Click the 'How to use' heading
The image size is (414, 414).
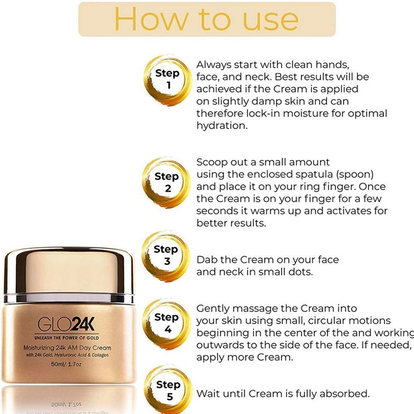(206, 19)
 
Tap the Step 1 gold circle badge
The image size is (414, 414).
(167, 79)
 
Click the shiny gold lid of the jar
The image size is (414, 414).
(68, 274)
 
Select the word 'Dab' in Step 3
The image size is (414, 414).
(207, 260)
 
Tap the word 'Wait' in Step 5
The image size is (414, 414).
(208, 393)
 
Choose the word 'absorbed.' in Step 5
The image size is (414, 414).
(344, 393)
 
